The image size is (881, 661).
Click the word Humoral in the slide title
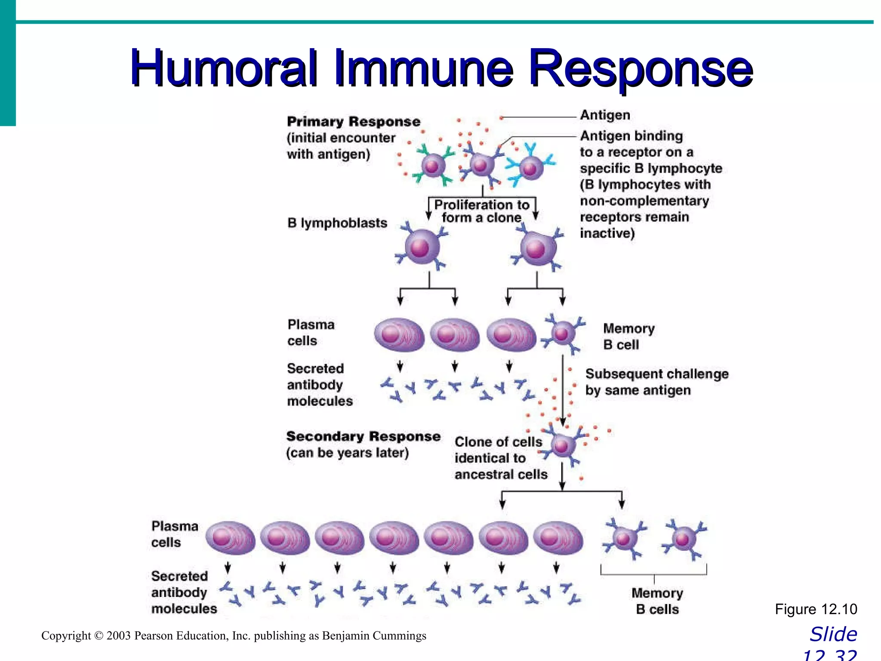point(224,68)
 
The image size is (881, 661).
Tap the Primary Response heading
point(354,122)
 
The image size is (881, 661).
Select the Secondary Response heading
point(363,436)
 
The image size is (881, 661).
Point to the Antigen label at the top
point(605,115)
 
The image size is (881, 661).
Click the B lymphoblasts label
point(337,223)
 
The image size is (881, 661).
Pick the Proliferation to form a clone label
point(481,211)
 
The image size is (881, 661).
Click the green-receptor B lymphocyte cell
point(432,165)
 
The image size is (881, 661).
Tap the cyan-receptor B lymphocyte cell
point(531,167)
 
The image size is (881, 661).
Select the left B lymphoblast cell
point(422,247)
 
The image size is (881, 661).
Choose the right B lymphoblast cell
point(537,248)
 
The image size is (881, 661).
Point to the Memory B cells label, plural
point(657,601)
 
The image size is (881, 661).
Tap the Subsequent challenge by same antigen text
point(656,382)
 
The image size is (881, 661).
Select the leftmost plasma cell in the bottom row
point(230,538)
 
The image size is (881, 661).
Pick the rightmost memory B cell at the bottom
point(683,539)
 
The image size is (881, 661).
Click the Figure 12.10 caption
point(816,609)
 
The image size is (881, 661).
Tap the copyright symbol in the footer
point(99,636)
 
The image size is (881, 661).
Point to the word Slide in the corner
point(833,634)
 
